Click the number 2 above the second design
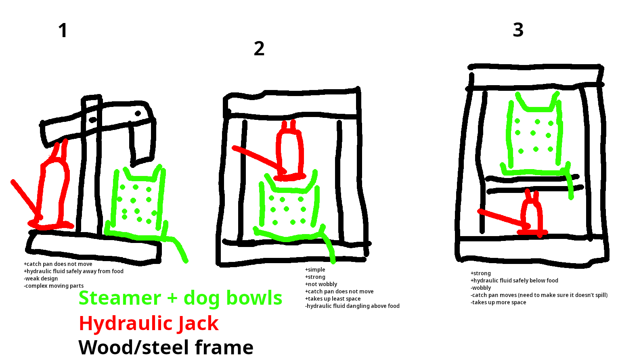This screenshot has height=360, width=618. (259, 48)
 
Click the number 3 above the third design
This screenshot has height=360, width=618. (518, 30)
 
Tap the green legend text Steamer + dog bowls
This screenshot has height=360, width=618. (180, 298)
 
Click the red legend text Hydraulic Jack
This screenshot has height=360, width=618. (149, 323)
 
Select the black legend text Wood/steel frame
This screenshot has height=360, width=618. (166, 347)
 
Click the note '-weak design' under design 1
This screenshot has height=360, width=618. (41, 278)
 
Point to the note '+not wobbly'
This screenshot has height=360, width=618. (321, 284)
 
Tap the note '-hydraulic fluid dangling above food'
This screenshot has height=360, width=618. (352, 306)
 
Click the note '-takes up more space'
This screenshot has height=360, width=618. (498, 302)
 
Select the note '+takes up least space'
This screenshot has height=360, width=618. (333, 299)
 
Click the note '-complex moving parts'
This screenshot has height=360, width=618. (54, 286)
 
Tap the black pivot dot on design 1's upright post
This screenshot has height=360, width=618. (93, 120)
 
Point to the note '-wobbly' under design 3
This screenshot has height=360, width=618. (481, 288)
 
